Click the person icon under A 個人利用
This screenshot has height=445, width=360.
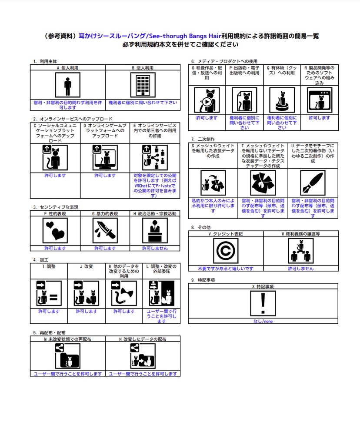(67, 85)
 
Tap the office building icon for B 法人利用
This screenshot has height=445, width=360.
(143, 85)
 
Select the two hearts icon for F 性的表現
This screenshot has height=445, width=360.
(55, 230)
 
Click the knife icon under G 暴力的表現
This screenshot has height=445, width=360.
(105, 230)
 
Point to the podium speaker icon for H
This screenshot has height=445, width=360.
(155, 230)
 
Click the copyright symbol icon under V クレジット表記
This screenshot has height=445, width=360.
(226, 251)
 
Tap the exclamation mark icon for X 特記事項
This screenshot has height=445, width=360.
(263, 303)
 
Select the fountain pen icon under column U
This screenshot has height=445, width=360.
(313, 183)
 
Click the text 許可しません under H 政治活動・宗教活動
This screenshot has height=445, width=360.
(155, 248)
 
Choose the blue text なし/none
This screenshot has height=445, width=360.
(263, 321)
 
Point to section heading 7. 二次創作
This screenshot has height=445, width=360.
(203, 139)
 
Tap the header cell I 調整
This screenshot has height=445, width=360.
(49, 266)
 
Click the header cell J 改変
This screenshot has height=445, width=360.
(87, 266)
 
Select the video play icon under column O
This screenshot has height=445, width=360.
(207, 100)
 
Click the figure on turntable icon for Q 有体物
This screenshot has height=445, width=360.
(282, 100)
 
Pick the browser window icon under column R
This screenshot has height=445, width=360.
(320, 100)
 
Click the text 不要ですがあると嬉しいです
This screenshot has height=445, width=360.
(226, 269)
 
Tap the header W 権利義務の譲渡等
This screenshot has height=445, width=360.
(301, 234)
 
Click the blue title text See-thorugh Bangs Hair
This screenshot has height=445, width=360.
(185, 36)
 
